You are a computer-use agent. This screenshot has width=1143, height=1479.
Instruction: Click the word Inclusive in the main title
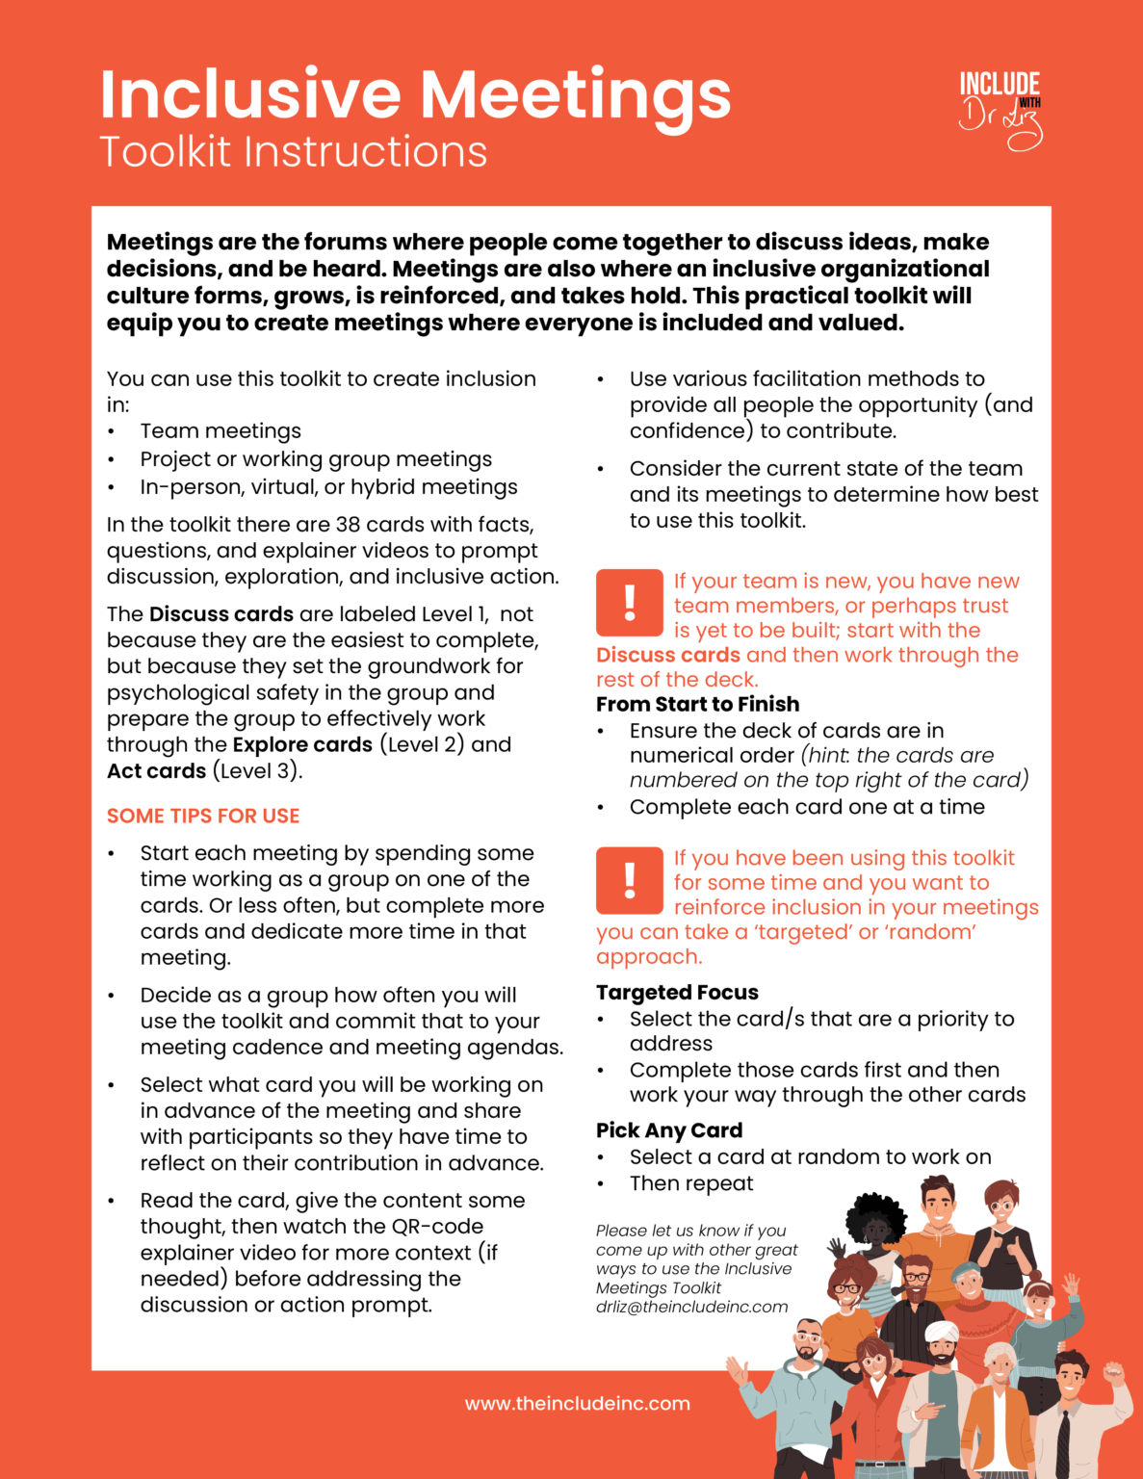249,94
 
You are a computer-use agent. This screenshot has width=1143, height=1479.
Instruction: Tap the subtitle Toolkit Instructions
293,152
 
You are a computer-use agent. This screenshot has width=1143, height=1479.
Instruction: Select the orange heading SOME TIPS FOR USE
203,816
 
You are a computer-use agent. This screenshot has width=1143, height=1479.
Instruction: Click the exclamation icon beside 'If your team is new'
630,603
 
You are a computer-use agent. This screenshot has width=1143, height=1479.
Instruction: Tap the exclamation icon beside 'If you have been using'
630,880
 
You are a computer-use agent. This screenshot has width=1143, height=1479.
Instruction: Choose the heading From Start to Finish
697,704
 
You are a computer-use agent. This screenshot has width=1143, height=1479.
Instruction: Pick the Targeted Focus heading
677,992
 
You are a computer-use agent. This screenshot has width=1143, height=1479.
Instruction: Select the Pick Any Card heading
669,1129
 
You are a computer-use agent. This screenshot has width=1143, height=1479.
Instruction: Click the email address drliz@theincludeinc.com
691,1307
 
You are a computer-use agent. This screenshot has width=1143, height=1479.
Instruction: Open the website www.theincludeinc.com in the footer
577,1403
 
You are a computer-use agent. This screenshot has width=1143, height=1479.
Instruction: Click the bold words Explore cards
302,744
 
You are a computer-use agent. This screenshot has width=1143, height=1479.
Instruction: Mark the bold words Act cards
156,770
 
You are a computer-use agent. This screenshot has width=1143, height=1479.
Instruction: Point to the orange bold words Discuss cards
668,655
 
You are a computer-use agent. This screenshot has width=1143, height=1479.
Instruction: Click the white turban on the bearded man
941,1331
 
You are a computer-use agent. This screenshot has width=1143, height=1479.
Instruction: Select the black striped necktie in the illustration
1064,1440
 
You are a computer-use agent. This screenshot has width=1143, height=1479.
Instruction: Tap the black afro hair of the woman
875,1215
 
